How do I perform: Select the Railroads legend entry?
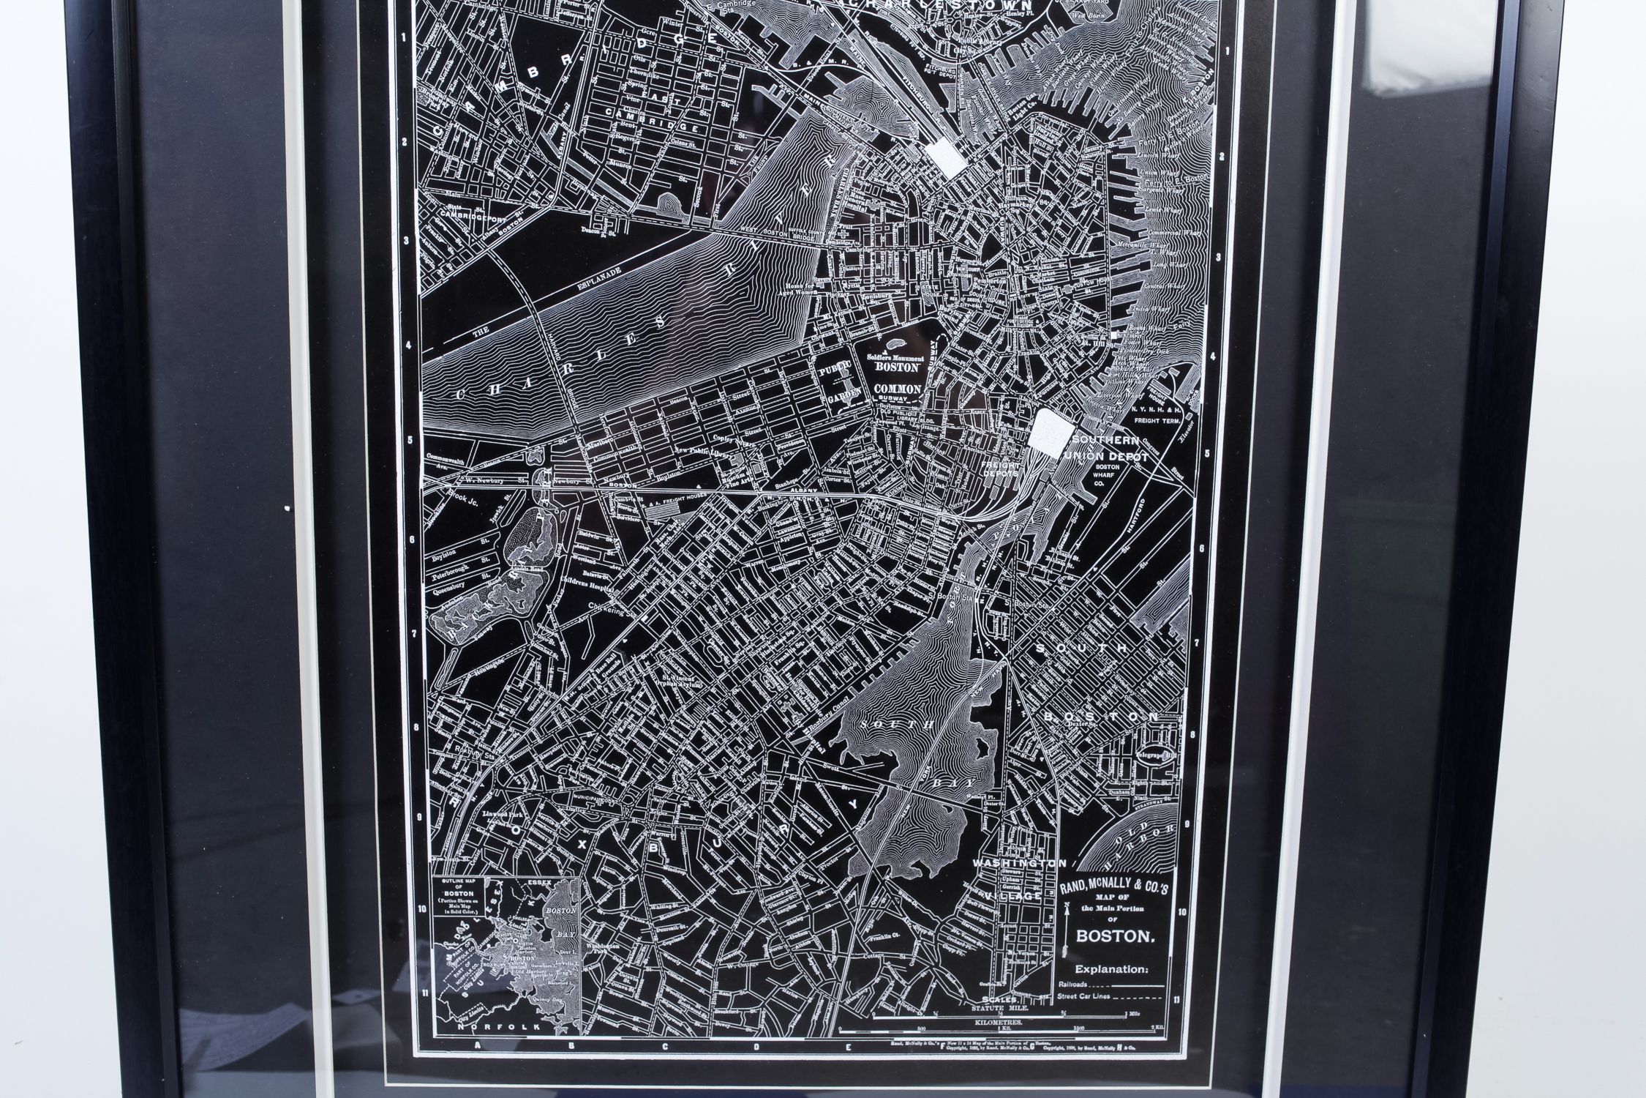click(1072, 985)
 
